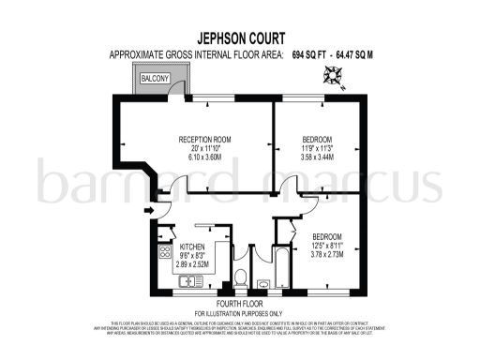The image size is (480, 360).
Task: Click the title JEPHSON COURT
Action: [x=240, y=40]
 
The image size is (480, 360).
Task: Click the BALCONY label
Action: [x=156, y=80]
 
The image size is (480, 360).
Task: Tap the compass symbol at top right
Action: [x=336, y=78]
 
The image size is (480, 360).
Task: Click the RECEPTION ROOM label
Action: [x=205, y=140]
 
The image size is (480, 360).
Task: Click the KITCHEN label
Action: [x=205, y=247]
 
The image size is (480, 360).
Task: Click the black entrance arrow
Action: [x=148, y=210]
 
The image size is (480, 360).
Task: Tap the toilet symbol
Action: [x=241, y=277]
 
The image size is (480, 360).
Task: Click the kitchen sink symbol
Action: [x=190, y=280]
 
